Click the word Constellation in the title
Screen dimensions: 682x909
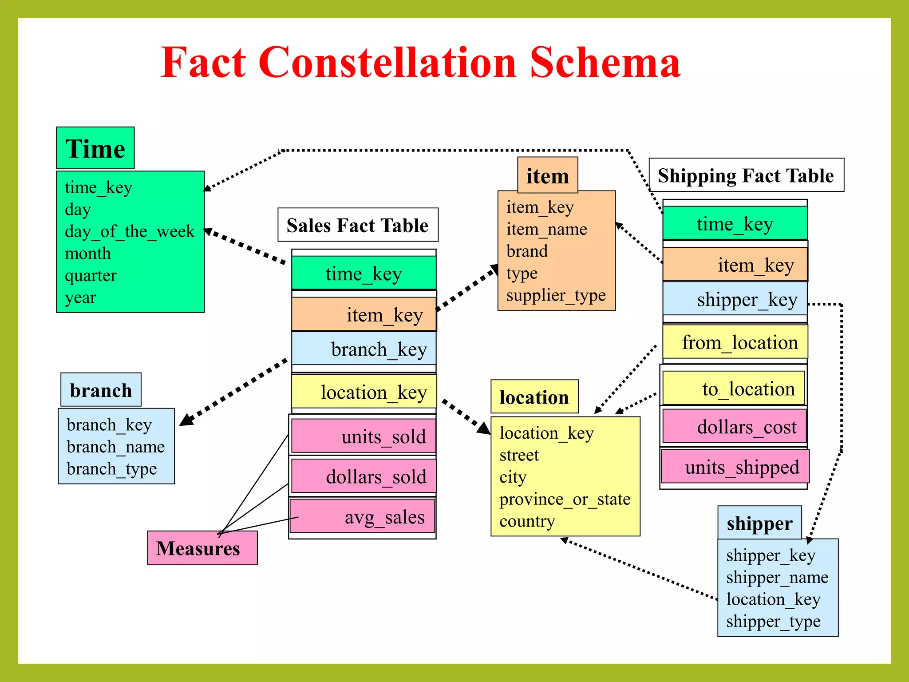click(387, 63)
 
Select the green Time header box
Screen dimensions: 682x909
click(95, 148)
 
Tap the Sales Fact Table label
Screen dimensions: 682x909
click(358, 225)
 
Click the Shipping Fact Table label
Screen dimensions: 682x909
click(746, 175)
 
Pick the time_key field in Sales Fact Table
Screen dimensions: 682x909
click(364, 274)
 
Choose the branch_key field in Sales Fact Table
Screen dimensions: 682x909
click(364, 349)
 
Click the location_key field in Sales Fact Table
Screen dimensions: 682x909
click(364, 392)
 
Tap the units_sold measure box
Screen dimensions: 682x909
click(363, 436)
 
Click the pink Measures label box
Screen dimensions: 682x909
click(202, 548)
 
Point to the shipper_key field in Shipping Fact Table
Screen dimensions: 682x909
click(735, 299)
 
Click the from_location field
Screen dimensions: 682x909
click(735, 342)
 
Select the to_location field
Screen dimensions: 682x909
click(734, 389)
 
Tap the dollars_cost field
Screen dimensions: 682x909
click(734, 427)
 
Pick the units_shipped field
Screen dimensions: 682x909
click(735, 467)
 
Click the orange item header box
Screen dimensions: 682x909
click(548, 176)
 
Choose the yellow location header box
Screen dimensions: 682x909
click(534, 397)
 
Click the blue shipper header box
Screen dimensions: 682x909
click(759, 523)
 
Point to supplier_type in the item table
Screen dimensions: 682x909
click(556, 295)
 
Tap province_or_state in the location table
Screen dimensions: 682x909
click(565, 499)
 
